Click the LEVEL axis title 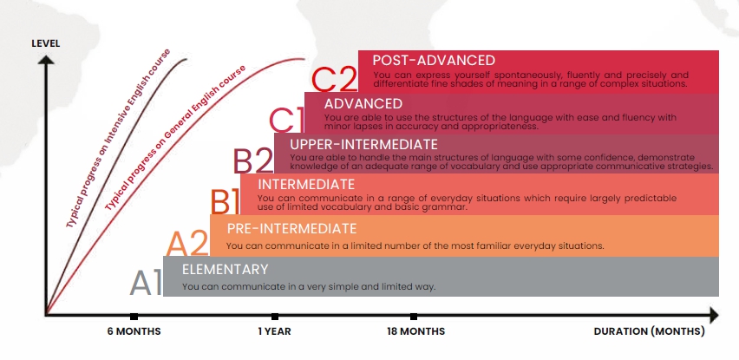(x=46, y=43)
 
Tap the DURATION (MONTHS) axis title (x=649, y=331)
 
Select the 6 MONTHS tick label (x=134, y=331)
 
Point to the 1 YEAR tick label (x=274, y=331)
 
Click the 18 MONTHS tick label (x=415, y=331)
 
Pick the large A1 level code (x=146, y=283)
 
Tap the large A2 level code (x=187, y=243)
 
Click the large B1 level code (x=225, y=201)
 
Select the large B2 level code (x=253, y=160)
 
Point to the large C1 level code (x=286, y=121)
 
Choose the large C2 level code (x=335, y=79)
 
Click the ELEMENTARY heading (x=225, y=269)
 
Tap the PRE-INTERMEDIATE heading (x=291, y=228)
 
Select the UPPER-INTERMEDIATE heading (x=363, y=144)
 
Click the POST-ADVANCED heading (x=434, y=61)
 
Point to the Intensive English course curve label (x=118, y=138)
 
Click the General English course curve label (x=175, y=138)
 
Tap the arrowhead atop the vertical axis (x=46, y=60)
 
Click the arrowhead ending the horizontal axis (x=714, y=315)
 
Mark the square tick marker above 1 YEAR (x=275, y=317)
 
